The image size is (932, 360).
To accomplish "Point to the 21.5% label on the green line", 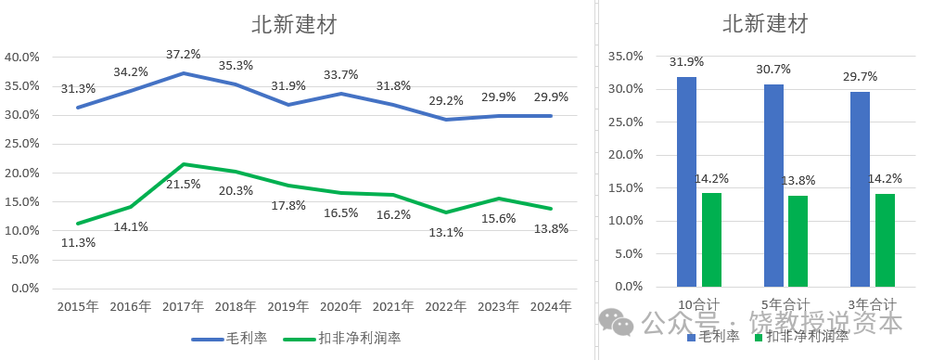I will pyautogui.click(x=184, y=184).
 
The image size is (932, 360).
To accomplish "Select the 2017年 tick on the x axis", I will pyautogui.click(x=184, y=306).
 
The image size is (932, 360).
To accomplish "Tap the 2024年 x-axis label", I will pyautogui.click(x=553, y=306).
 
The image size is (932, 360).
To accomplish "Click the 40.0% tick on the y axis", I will pyautogui.click(x=22, y=57).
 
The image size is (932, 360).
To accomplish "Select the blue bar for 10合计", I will pyautogui.click(x=686, y=182).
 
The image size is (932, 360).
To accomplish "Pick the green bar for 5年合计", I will pyautogui.click(x=798, y=241).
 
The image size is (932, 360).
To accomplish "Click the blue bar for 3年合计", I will pyautogui.click(x=861, y=189).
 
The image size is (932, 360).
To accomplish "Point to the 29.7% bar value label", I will pyautogui.click(x=860, y=76).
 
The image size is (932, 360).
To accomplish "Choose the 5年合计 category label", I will pyautogui.click(x=785, y=304).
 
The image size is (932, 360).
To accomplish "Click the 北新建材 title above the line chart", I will pyautogui.click(x=294, y=24).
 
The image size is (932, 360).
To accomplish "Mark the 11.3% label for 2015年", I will pyautogui.click(x=78, y=243).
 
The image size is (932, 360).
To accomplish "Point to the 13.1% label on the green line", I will pyautogui.click(x=447, y=232).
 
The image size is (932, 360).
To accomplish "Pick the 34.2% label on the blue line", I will pyautogui.click(x=131, y=71).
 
